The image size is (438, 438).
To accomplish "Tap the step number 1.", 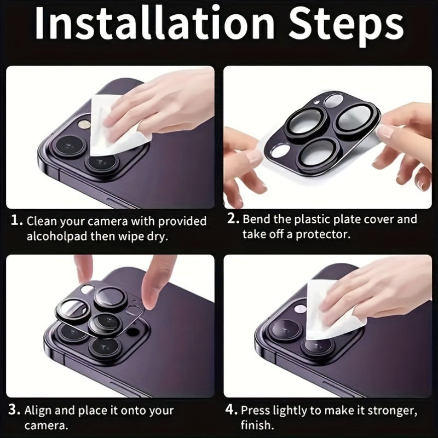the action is (x=16, y=220).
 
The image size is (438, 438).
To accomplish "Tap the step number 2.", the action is (x=233, y=218).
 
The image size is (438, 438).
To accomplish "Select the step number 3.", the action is (x=14, y=410).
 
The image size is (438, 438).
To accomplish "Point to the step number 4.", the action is (x=231, y=410).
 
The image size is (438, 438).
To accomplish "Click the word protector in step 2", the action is (x=323, y=235).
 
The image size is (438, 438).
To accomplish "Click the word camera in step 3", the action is (x=46, y=425).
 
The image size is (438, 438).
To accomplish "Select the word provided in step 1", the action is (x=182, y=221).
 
